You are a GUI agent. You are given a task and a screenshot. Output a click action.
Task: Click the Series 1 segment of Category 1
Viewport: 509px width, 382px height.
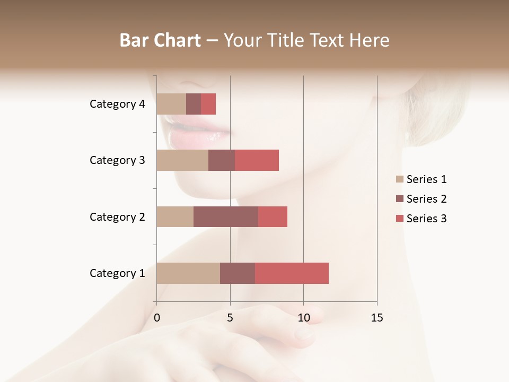pyautogui.click(x=188, y=273)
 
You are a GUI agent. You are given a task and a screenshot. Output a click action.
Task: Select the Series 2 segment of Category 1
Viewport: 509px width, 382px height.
pyautogui.click(x=238, y=273)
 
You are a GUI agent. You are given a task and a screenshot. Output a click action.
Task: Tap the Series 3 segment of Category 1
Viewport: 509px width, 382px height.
pyautogui.click(x=292, y=273)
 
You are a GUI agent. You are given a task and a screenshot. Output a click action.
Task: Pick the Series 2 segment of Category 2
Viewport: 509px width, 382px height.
pyautogui.click(x=226, y=216)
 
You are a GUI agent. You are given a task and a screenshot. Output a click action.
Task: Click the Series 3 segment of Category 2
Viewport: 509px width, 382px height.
pyautogui.click(x=273, y=216)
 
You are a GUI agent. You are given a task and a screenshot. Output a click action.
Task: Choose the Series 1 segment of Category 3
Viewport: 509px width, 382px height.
pyautogui.click(x=182, y=160)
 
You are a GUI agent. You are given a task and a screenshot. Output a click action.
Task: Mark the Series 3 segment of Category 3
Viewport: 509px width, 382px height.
pyautogui.click(x=257, y=160)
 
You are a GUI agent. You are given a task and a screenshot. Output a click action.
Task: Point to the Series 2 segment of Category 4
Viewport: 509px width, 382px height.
pyautogui.click(x=194, y=104)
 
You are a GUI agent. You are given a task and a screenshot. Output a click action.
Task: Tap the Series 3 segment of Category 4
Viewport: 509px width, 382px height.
pyautogui.click(x=208, y=104)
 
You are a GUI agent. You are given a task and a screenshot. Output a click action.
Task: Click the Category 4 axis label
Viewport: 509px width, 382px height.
pyautogui.click(x=117, y=104)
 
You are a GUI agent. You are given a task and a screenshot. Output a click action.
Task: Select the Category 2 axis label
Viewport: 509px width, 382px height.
pyautogui.click(x=117, y=216)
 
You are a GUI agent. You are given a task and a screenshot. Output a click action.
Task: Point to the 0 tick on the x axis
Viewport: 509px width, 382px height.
pyautogui.click(x=157, y=318)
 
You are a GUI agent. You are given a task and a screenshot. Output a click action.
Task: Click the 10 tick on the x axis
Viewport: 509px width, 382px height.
pyautogui.click(x=303, y=318)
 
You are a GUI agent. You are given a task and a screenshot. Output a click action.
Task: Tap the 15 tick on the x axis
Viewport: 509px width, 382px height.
pyautogui.click(x=377, y=318)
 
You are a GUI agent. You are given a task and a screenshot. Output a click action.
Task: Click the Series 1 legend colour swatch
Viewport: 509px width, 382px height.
pyautogui.click(x=400, y=179)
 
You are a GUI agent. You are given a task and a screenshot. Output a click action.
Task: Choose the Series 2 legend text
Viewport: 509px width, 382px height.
pyautogui.click(x=426, y=199)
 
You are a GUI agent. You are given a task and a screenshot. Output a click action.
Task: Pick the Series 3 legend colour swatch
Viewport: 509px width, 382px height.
pyautogui.click(x=400, y=219)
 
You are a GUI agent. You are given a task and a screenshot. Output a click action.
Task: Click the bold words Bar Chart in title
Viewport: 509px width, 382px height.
pyautogui.click(x=160, y=40)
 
